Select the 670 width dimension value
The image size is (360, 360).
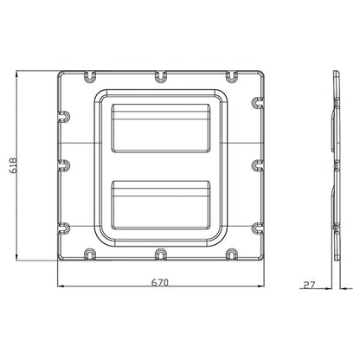160,281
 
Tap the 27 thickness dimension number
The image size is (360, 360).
311,283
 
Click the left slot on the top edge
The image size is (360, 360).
90,79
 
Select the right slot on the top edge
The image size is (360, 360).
231,79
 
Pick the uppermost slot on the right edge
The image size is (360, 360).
258,101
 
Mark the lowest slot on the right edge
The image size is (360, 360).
258,230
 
